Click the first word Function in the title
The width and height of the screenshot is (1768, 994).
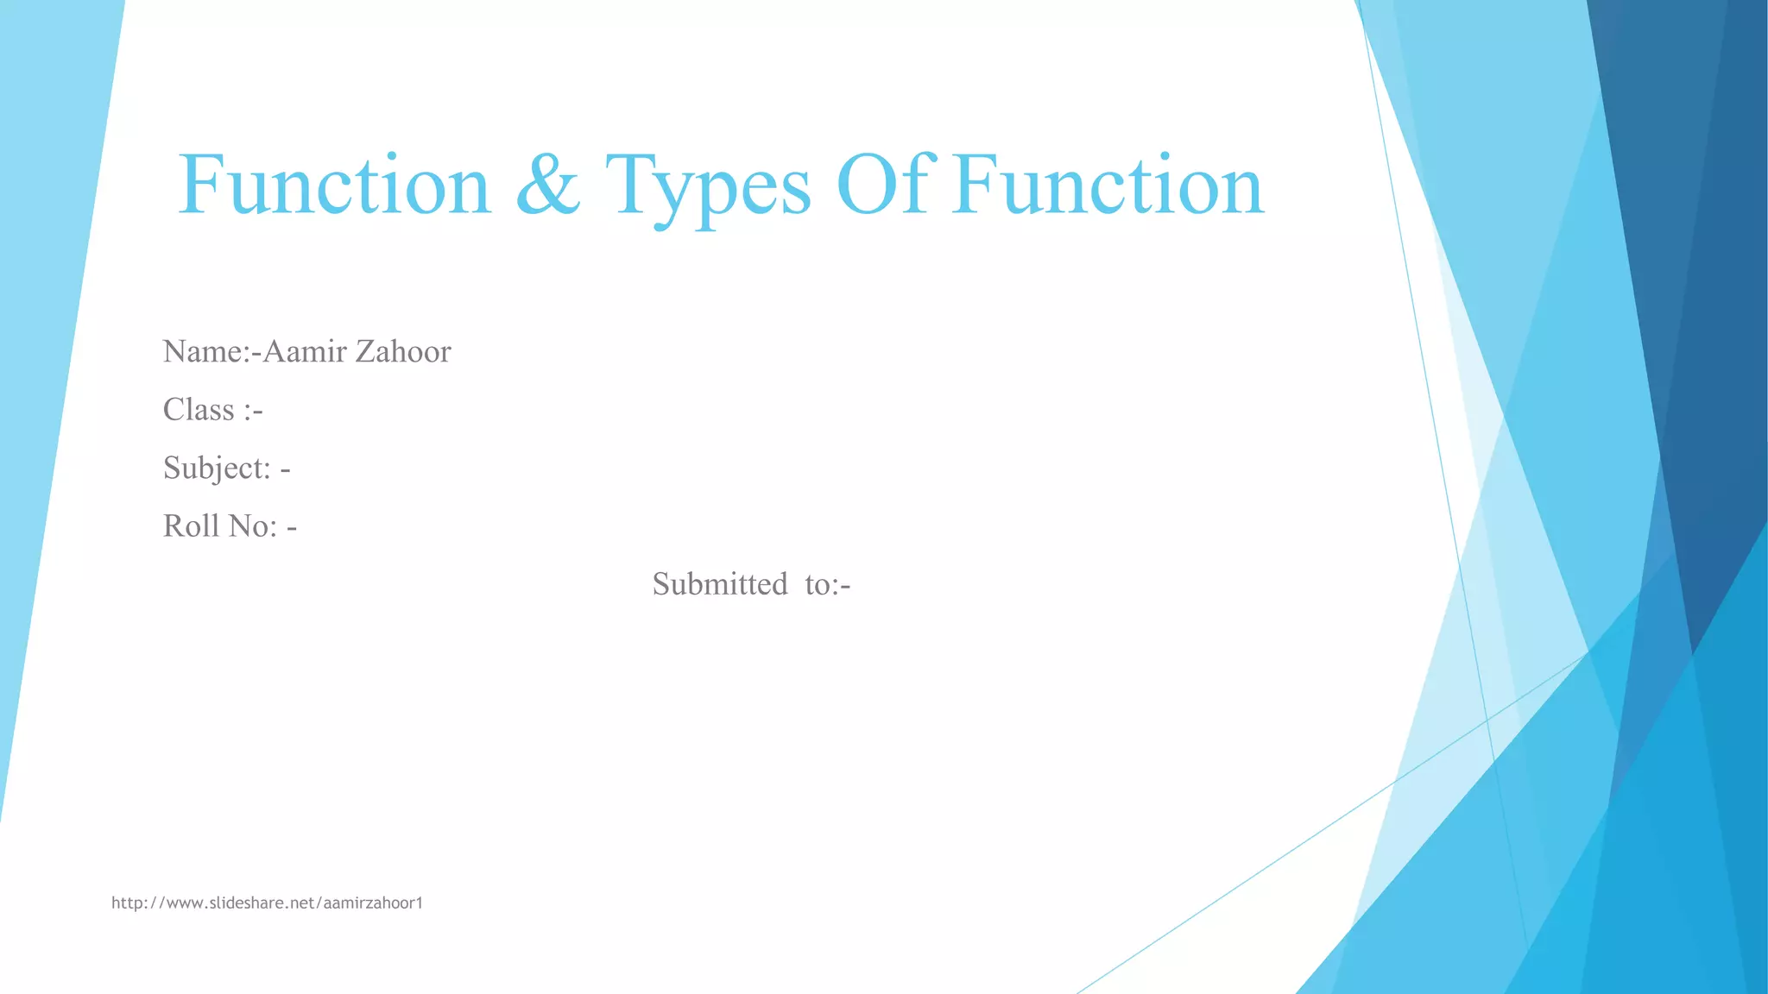tap(334, 185)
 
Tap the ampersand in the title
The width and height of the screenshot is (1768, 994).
tap(548, 185)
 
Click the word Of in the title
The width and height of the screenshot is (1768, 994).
tap(886, 185)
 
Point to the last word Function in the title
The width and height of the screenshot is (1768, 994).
tap(1109, 185)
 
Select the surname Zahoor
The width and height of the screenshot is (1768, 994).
tap(403, 351)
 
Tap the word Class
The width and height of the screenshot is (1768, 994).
tap(199, 409)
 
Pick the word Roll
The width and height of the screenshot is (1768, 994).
tap(191, 525)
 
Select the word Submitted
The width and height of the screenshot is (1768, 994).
tap(720, 584)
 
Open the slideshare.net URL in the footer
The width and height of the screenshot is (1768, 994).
tap(268, 903)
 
